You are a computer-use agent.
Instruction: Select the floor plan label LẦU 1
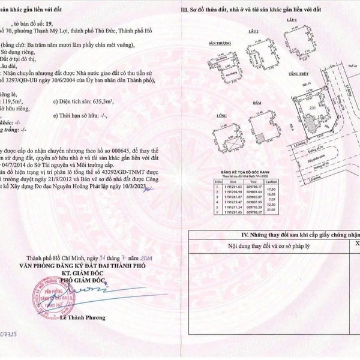click(x=293, y=20)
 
